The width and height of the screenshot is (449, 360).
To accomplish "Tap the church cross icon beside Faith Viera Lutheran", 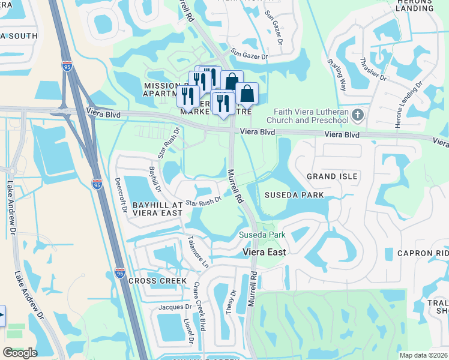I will pyautogui.click(x=358, y=114).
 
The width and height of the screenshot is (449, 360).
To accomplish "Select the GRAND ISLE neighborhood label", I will pyautogui.click(x=332, y=176).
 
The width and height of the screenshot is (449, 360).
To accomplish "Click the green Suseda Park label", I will pyautogui.click(x=262, y=235).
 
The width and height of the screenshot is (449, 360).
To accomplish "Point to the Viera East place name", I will pyautogui.click(x=264, y=252).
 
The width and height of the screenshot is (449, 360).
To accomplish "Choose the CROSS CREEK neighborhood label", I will pyautogui.click(x=153, y=281).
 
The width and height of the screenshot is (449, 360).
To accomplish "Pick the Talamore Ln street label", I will pyautogui.click(x=197, y=251).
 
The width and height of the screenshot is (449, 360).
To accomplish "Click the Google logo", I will pyautogui.click(x=20, y=352).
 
